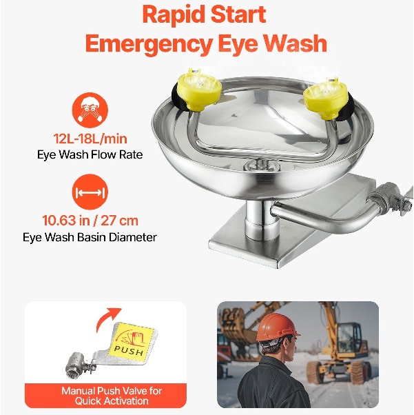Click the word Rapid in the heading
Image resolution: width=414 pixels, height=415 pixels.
174,15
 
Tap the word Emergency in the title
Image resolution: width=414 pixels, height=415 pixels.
149,44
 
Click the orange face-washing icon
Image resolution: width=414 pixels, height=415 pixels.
90,110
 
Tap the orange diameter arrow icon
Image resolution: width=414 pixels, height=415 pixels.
90,192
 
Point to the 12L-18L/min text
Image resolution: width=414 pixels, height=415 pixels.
90,139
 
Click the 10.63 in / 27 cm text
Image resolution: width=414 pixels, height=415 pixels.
90,221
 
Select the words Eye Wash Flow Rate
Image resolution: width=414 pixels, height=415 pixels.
90,154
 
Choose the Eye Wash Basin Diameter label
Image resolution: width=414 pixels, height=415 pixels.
90,237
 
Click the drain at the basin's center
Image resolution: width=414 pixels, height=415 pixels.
262,165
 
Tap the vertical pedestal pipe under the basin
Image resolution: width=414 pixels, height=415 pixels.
261,220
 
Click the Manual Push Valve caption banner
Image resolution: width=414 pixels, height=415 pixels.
106,396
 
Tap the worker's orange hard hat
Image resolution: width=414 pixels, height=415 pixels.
277,328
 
